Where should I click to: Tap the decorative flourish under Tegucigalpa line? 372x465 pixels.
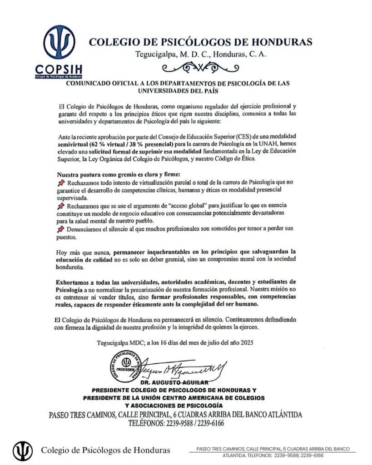click(x=200, y=68)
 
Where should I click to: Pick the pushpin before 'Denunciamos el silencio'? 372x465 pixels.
click(x=61, y=229)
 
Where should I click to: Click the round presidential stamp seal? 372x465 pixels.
click(x=127, y=367)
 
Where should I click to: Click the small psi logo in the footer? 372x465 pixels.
click(x=21, y=450)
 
